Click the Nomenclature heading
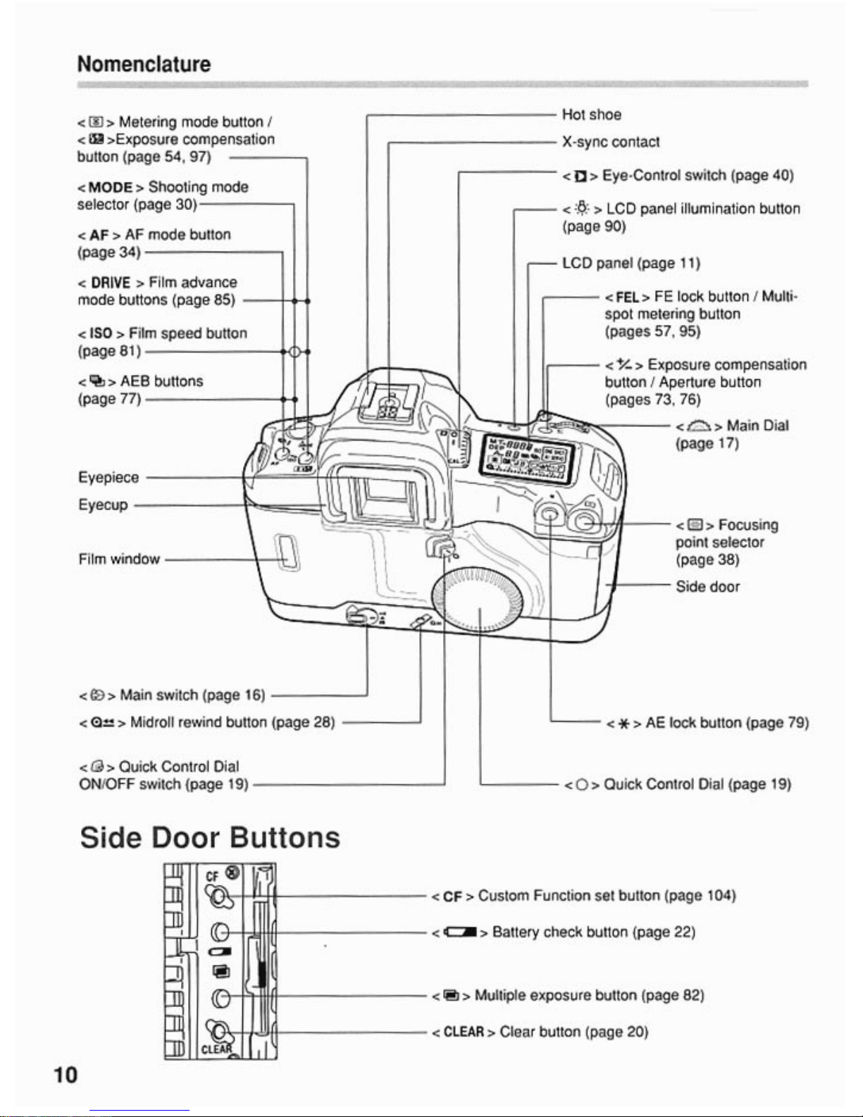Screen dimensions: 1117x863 [x=144, y=64]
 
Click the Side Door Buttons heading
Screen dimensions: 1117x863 [x=210, y=837]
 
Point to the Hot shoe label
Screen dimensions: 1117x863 [x=591, y=114]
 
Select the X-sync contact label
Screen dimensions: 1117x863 [x=610, y=142]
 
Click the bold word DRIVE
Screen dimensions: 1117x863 [x=111, y=283]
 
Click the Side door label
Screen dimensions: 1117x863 [x=707, y=586]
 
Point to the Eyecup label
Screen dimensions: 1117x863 [x=103, y=505]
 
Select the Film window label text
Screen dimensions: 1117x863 [x=119, y=559]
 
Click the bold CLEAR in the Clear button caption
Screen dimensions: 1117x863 [x=464, y=1032]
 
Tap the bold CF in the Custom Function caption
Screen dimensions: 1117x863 [x=452, y=896]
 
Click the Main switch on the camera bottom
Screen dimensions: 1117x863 [x=360, y=618]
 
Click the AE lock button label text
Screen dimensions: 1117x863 [x=726, y=722]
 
